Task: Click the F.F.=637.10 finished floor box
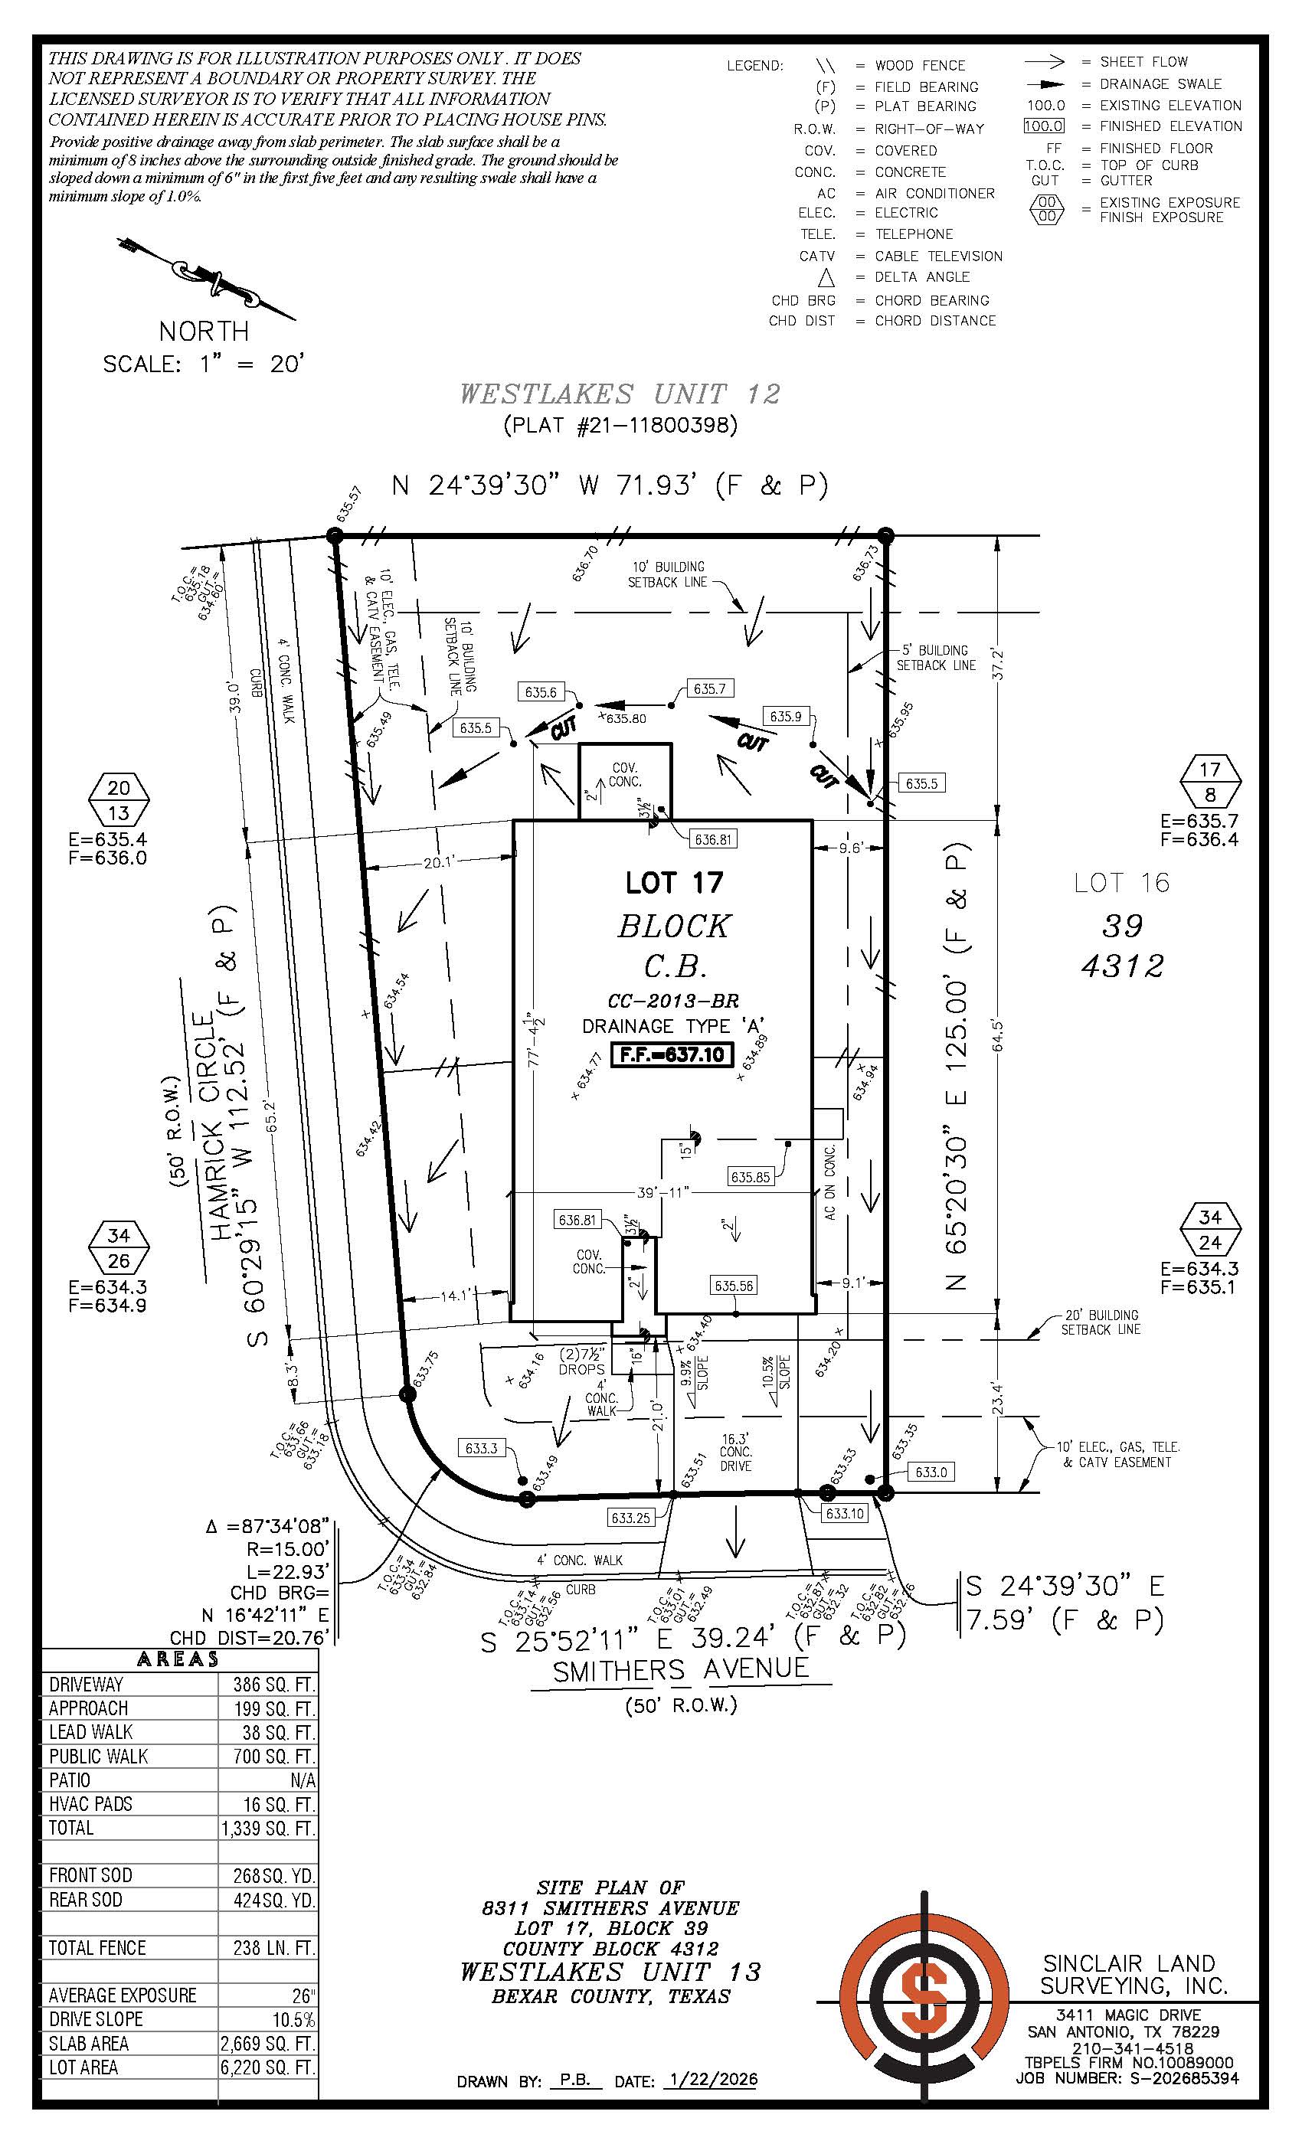click(x=672, y=1054)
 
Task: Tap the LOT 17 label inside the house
click(x=674, y=882)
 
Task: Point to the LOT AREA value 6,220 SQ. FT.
click(x=267, y=2067)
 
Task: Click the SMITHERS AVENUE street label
click(x=681, y=1669)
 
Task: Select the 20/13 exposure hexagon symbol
click(x=119, y=800)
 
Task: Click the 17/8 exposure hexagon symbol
click(x=1210, y=781)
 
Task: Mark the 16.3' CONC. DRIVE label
click(x=735, y=1453)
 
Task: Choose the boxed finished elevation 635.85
click(x=751, y=1178)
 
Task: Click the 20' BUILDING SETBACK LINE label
click(x=1099, y=1322)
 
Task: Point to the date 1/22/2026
click(x=710, y=2080)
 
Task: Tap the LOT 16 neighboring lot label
click(x=1121, y=883)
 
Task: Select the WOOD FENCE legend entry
click(x=919, y=65)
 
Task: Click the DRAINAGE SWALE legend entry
click(x=1160, y=83)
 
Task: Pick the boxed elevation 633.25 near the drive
click(x=630, y=1518)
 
